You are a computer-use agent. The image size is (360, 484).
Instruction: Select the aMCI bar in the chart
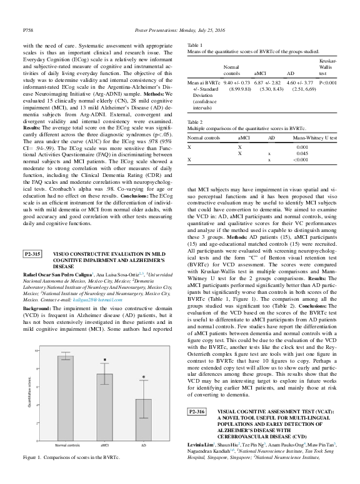105,404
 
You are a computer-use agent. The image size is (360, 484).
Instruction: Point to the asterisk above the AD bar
144,377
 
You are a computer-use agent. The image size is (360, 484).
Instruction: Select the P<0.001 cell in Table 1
329,82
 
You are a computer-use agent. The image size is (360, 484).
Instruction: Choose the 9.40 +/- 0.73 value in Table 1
238,82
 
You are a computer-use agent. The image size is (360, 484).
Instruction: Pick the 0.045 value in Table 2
302,153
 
